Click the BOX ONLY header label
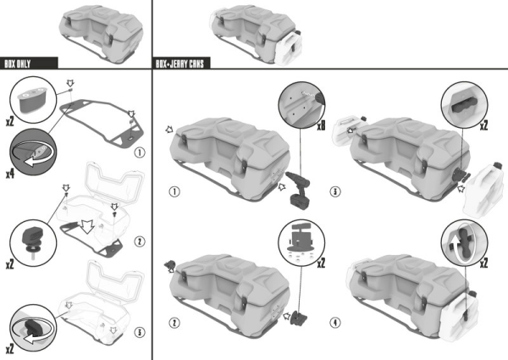pos(30,63)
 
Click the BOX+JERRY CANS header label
pos(182,63)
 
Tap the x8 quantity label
pos(321,127)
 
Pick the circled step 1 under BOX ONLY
pos(140,154)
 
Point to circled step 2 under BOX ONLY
pos(140,242)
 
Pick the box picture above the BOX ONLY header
pos(100,30)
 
